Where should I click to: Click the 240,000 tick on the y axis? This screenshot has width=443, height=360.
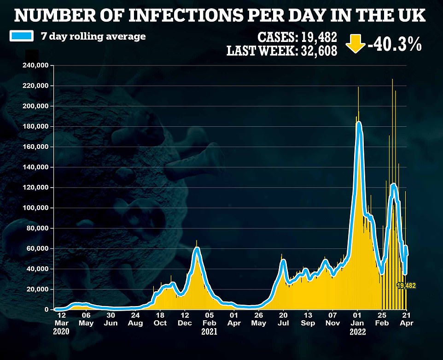(36, 65)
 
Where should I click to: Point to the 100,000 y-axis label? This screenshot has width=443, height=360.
(36, 208)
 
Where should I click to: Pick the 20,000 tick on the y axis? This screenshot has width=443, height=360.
(38, 289)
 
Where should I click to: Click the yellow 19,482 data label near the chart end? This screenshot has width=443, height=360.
(406, 286)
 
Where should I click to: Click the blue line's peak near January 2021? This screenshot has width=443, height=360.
(197, 249)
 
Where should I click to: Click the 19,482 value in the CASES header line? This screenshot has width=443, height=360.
(318, 37)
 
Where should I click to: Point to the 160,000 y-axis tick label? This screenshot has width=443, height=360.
(36, 147)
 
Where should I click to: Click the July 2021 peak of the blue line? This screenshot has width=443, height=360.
(283, 261)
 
